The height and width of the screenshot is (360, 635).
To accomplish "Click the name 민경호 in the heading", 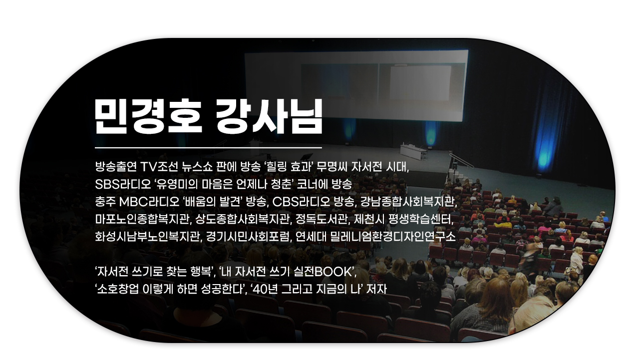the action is click(x=148, y=116).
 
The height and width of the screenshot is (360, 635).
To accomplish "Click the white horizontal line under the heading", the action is click(x=208, y=148).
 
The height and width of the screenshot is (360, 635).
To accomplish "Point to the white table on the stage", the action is click(x=413, y=152).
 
